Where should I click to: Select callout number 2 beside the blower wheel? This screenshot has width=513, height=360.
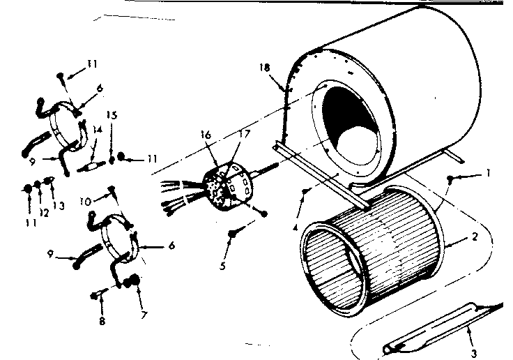point(474,237)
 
